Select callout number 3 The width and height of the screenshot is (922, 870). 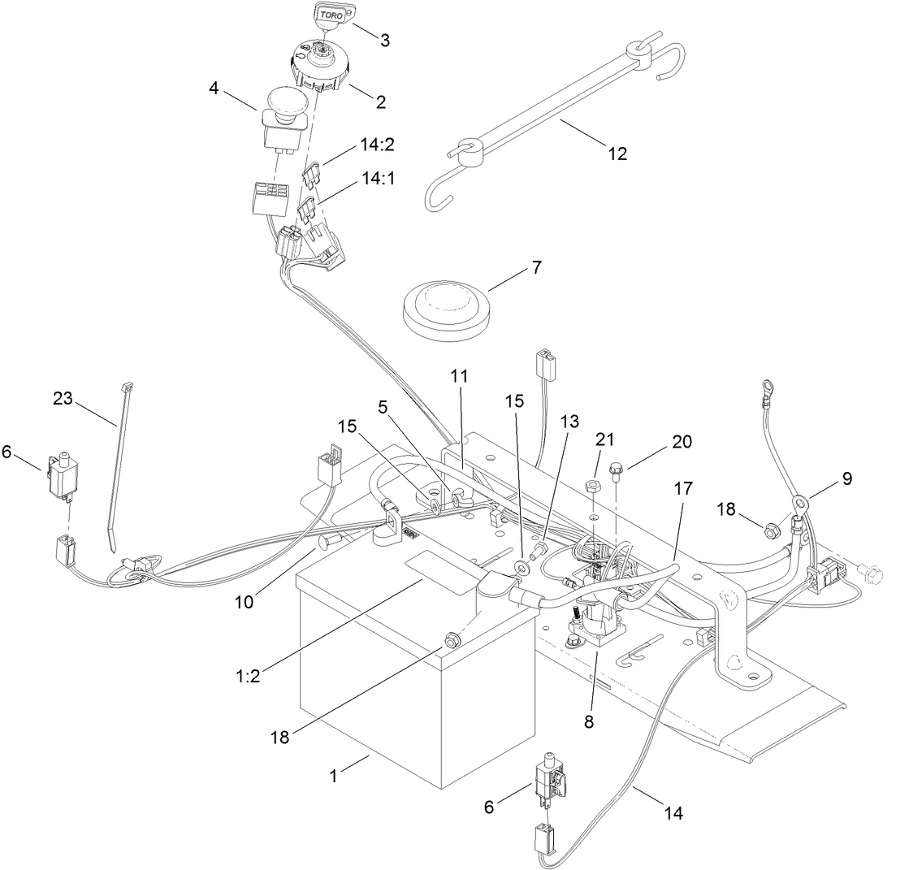(x=384, y=39)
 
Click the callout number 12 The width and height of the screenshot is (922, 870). (x=617, y=153)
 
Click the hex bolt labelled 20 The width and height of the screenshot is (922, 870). (x=616, y=468)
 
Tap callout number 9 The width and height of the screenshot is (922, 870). (x=846, y=479)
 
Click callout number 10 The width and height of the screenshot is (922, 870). (x=245, y=601)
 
